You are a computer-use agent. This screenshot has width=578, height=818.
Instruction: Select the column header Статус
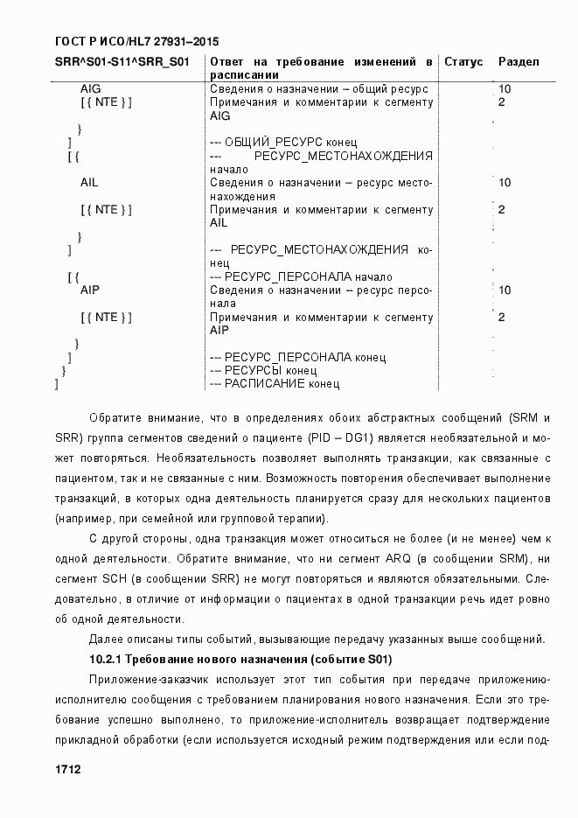click(463, 62)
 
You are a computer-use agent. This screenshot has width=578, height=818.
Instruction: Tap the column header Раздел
click(519, 62)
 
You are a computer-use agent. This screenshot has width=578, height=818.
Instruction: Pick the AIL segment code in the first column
click(89, 183)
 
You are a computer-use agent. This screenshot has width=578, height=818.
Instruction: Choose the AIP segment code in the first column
click(89, 289)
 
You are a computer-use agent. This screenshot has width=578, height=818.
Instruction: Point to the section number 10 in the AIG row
click(505, 89)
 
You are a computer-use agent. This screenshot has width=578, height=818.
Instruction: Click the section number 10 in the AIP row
click(505, 290)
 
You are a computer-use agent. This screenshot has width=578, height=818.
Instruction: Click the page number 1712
click(67, 769)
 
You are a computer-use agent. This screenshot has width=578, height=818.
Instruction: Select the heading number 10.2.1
click(108, 658)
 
